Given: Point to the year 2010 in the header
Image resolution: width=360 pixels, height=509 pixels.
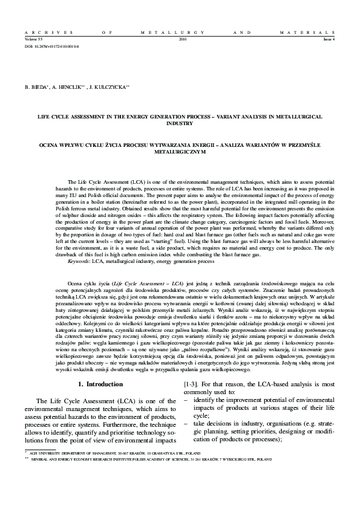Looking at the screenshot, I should (x=183, y=38).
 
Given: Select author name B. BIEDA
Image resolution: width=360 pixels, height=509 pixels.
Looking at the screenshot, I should (x=36, y=87).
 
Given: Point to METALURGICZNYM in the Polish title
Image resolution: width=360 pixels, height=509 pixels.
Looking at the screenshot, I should (x=180, y=152).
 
